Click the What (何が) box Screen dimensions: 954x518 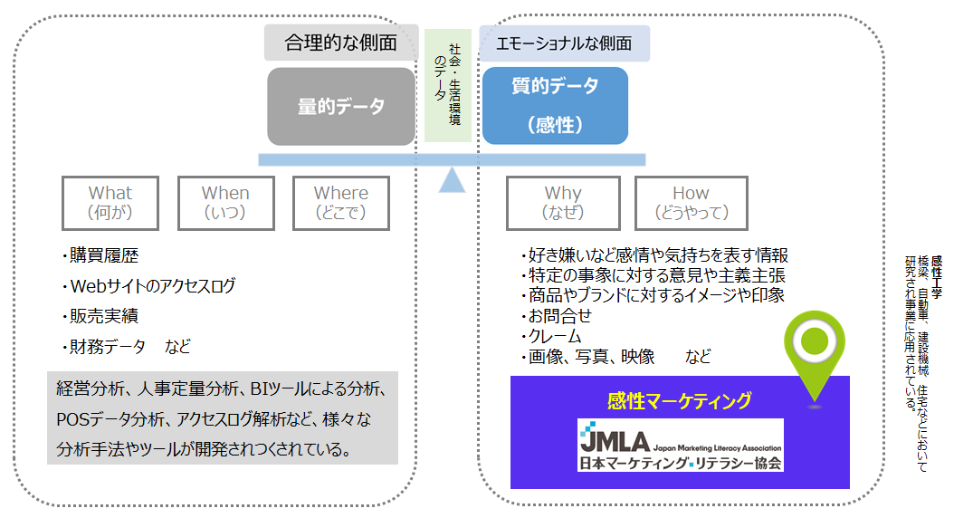pos(110,203)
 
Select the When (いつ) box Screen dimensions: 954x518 pos(225,203)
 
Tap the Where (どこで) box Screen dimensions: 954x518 pos(340,203)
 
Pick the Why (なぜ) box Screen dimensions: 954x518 pos(563,203)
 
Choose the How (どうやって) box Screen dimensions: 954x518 pos(692,203)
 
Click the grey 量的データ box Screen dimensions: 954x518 pos(341,107)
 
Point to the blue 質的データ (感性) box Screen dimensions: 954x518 pos(555,106)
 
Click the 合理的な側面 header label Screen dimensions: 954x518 pos(341,43)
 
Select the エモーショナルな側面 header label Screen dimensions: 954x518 pos(564,43)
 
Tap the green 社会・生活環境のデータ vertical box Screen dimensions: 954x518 pos(448,85)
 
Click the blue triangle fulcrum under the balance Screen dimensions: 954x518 pos(452,180)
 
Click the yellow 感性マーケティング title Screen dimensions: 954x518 pos(680,400)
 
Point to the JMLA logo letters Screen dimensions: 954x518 pos(615,439)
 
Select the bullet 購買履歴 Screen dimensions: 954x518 pos(100,255)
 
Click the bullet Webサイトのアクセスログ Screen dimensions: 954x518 pos(148,285)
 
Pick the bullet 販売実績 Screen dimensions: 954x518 pos(100,316)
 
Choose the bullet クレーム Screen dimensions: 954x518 pos(551,336)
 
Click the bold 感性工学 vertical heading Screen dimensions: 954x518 pos(937,277)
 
